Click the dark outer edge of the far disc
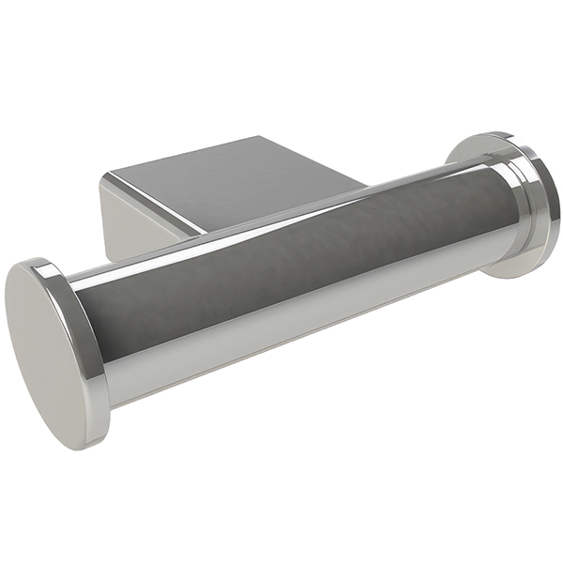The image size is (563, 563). tap(555, 202)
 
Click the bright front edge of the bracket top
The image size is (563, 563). tap(155, 202)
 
